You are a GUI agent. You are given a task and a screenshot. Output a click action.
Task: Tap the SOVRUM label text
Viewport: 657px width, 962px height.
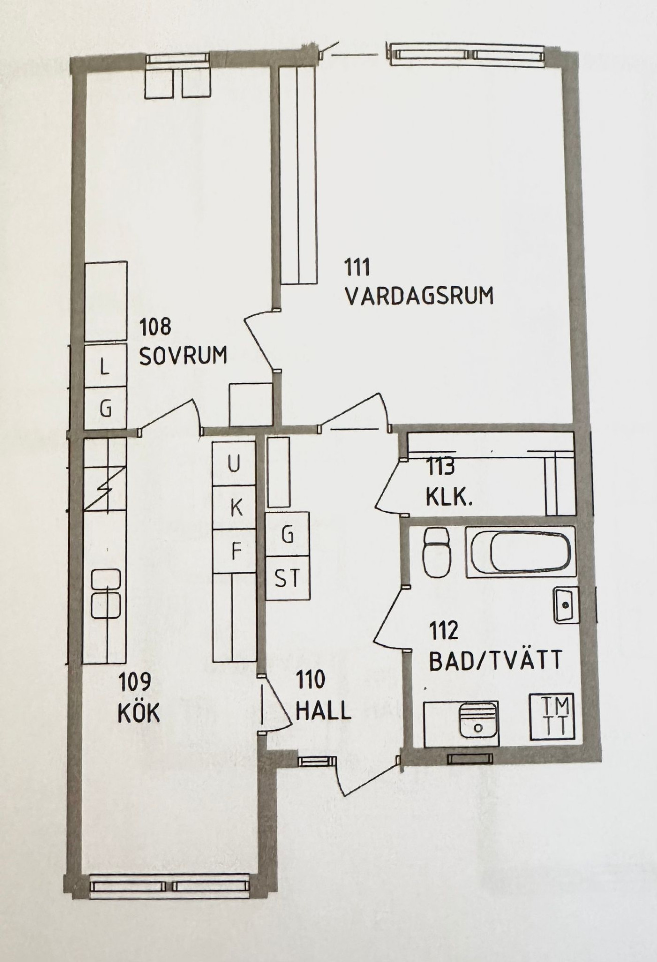point(183,355)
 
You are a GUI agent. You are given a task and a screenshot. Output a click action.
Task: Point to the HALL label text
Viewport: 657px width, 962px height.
point(323,710)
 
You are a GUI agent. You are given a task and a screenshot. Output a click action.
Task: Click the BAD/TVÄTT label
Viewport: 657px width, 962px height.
point(496,660)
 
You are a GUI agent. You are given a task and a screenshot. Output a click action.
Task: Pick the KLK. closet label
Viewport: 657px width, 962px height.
point(449,498)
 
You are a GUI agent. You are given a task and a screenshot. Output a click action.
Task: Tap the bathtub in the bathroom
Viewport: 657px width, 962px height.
point(521,551)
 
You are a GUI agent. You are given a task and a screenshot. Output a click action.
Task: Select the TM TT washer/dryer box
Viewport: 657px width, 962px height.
point(553,716)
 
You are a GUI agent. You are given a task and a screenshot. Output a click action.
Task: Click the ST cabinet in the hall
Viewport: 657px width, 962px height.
point(287,578)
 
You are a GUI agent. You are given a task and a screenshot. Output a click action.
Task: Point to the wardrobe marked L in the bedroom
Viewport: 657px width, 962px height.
point(105,366)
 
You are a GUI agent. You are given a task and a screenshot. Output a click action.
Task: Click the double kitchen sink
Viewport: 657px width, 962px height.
point(106,594)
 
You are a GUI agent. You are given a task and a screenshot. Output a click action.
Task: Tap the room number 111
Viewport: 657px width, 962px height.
point(357,267)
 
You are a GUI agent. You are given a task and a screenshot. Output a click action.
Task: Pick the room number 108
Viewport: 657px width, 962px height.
point(155,327)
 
